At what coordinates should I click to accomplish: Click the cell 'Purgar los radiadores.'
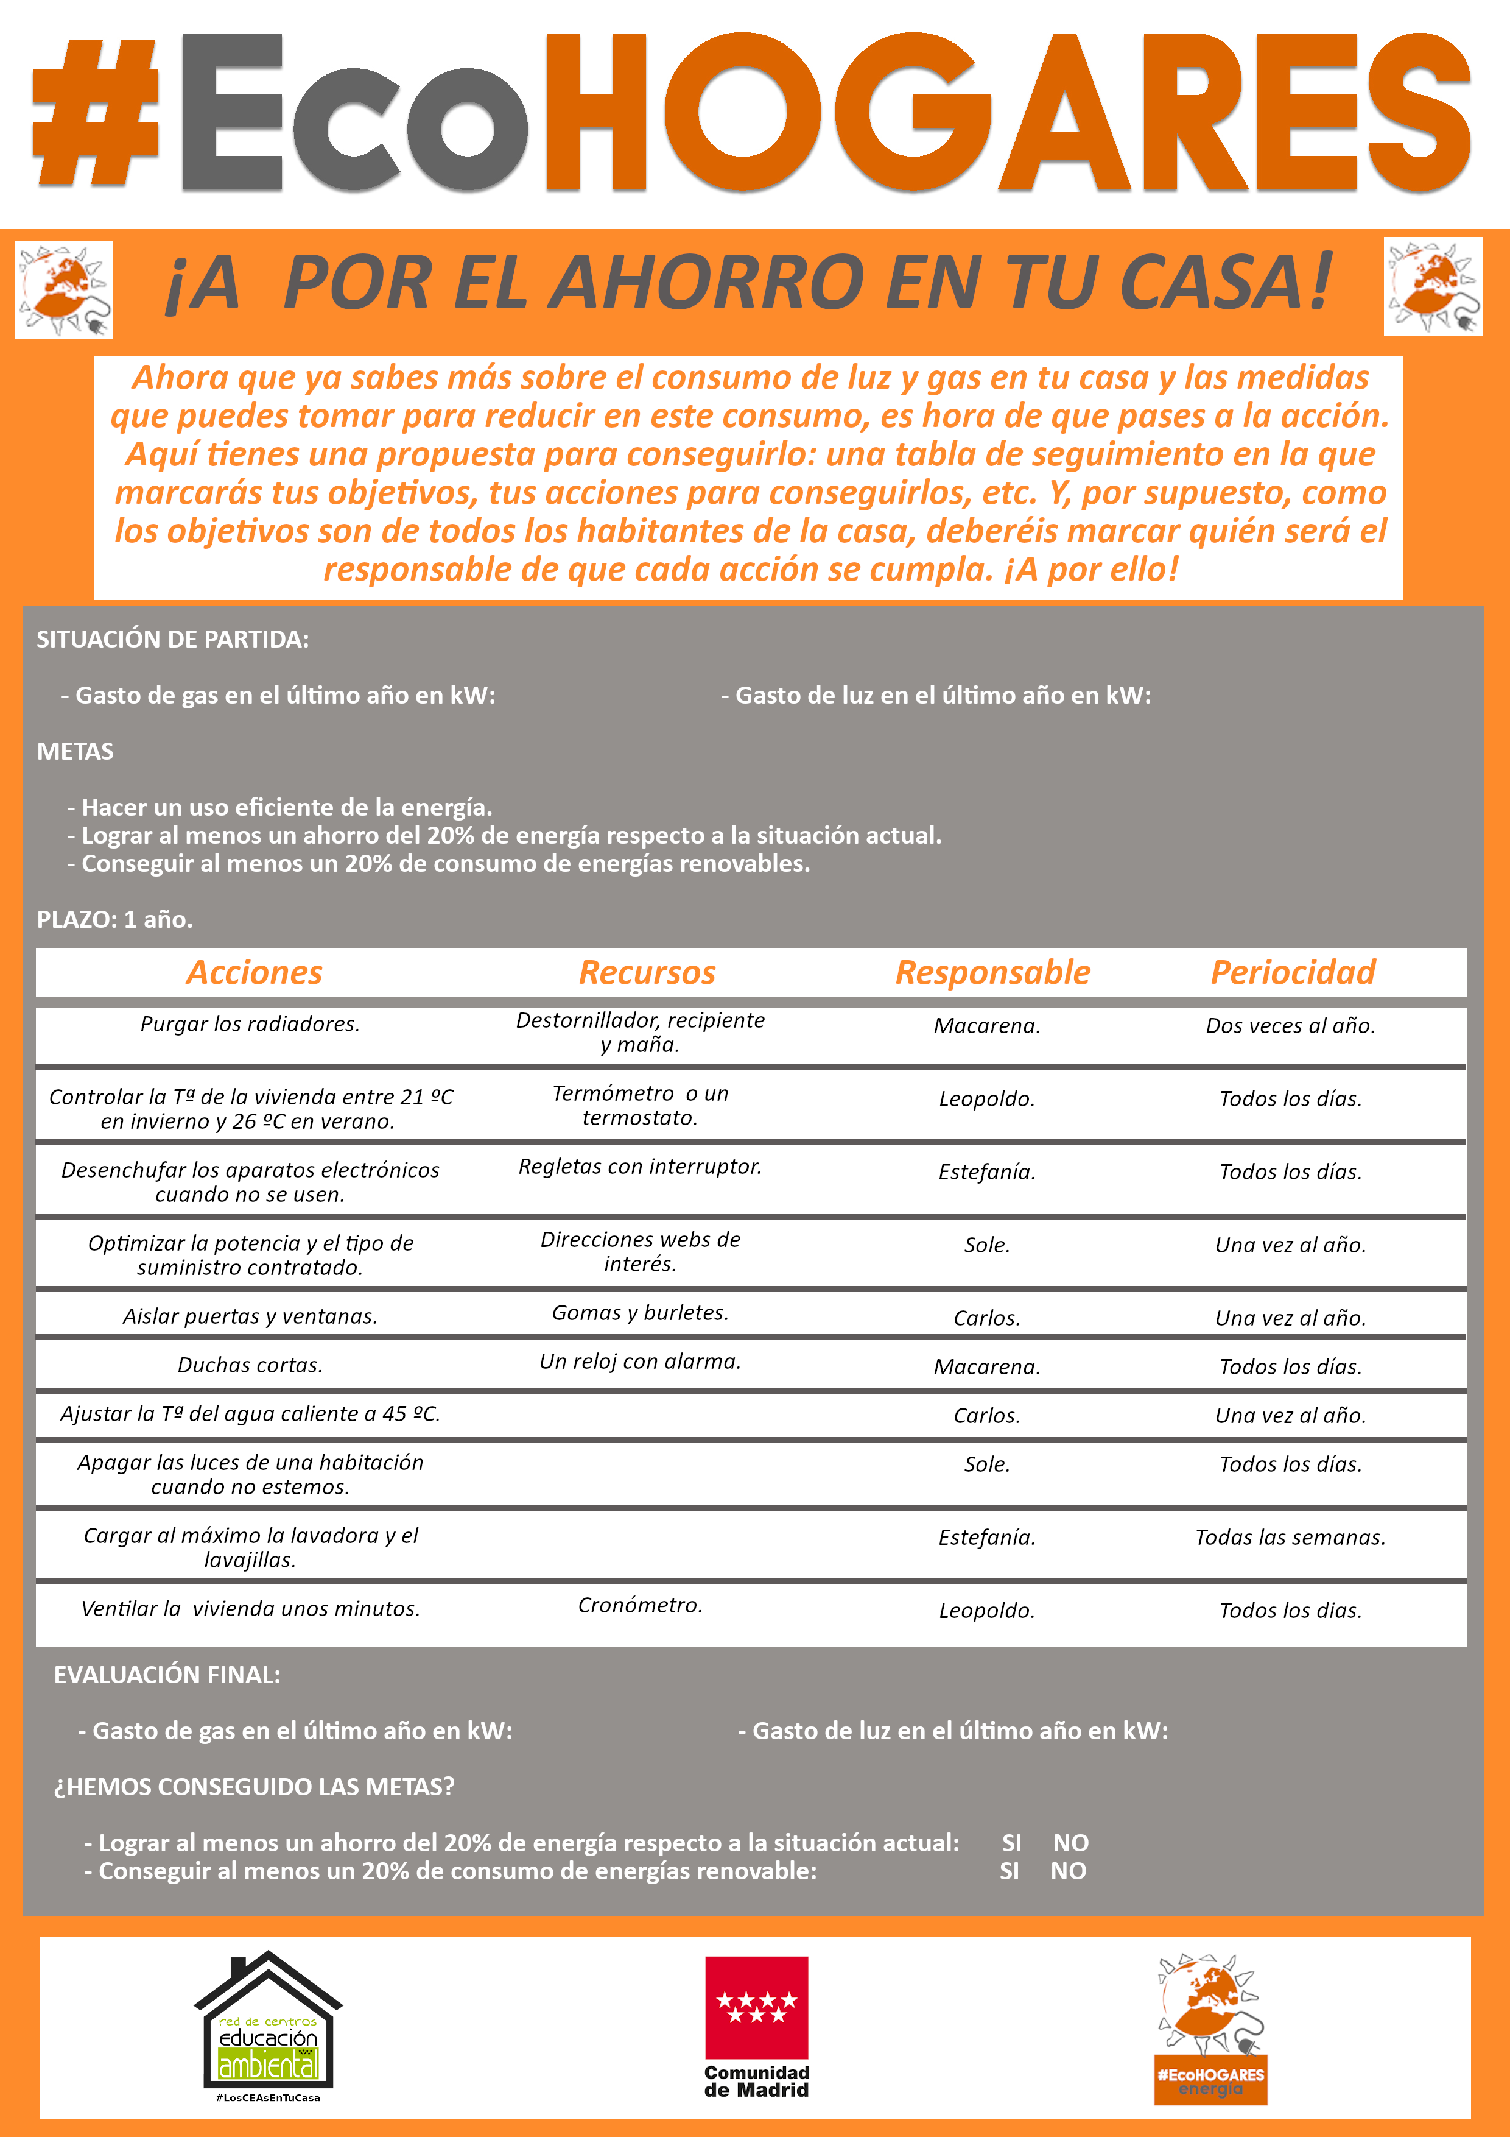pos(250,1024)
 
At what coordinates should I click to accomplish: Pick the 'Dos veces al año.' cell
pos(1290,1026)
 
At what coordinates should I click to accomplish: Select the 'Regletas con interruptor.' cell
pos(640,1166)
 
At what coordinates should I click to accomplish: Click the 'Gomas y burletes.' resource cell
pos(640,1312)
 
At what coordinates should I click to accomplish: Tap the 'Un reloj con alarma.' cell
pos(640,1362)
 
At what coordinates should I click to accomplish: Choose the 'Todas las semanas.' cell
pos(1290,1538)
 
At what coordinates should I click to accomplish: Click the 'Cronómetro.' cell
pos(640,1606)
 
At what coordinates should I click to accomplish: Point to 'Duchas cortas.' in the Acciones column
pos(250,1365)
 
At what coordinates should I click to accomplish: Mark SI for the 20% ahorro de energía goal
pos(1011,1843)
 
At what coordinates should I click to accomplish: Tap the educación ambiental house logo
pos(268,2022)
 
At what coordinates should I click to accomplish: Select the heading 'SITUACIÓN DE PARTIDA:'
pos(172,640)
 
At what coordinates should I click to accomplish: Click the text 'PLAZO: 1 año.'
pos(114,920)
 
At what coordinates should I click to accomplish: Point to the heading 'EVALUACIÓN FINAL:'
pos(167,1675)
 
